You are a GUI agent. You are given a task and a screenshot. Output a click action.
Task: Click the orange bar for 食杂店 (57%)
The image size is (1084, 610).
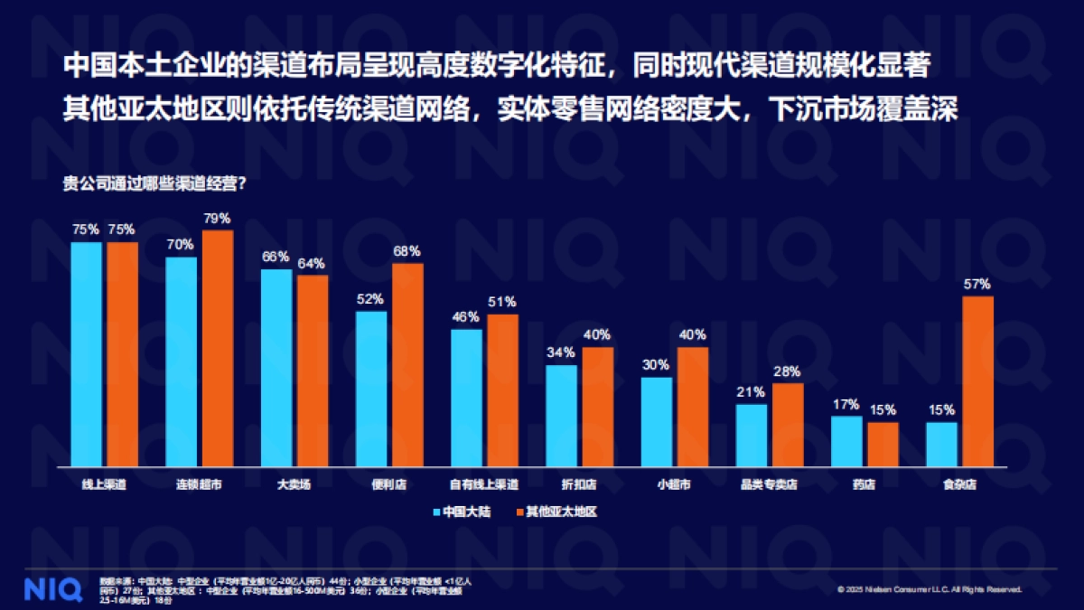coord(977,380)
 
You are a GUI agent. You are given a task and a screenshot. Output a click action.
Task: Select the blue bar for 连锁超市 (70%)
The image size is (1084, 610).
coord(182,361)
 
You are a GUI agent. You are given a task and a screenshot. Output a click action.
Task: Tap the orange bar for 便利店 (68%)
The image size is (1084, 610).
coord(407,364)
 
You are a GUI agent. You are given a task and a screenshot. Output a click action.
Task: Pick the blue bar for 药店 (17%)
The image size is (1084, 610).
coord(846,441)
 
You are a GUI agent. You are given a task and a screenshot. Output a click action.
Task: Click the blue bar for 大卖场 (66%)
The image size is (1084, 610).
coord(276,368)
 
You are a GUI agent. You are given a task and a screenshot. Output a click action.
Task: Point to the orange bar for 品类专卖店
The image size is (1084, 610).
coord(788,425)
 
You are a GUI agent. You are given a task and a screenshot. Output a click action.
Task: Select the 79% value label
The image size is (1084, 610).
coord(218,219)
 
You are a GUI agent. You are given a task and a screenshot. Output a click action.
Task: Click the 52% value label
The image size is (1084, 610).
coord(370,299)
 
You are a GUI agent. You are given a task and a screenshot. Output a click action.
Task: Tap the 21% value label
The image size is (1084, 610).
coord(751,392)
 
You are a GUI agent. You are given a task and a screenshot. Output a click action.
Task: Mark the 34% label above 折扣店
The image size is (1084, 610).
coord(561,352)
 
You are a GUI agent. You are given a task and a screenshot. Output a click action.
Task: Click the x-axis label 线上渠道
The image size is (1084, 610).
coord(104,485)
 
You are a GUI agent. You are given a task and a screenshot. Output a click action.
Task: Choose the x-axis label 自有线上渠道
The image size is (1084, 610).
coord(484,485)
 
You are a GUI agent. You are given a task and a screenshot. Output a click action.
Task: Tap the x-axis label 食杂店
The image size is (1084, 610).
coord(959,485)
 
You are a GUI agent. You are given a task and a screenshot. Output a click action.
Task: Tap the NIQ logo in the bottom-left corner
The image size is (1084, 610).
coord(47,587)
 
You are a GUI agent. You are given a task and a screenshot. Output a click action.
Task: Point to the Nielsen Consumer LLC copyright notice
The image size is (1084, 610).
coord(930,590)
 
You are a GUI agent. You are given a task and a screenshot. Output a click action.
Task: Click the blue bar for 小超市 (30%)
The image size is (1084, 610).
coord(657,421)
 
